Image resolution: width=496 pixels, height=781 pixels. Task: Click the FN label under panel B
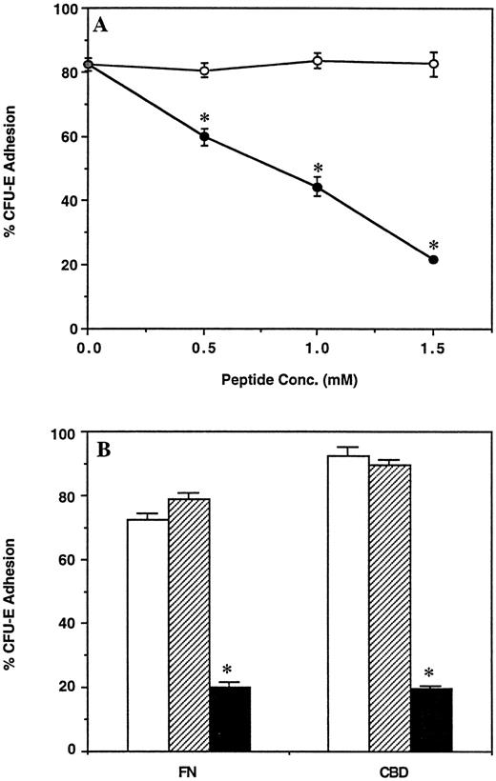[x=189, y=770]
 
